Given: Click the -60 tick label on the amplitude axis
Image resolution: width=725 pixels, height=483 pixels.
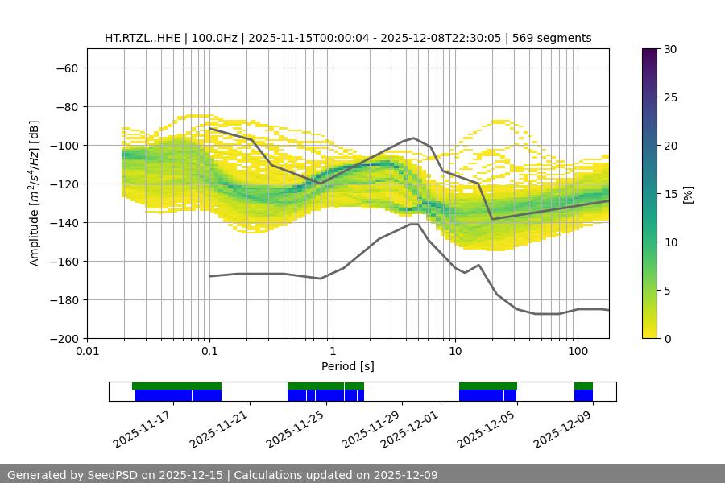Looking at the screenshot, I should click(67, 68).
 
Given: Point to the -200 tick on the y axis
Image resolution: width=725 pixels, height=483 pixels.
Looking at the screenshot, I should click(64, 338).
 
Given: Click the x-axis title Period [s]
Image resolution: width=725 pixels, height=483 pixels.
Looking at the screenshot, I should click(348, 366).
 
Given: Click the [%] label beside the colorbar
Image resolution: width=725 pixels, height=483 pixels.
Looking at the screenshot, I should click(688, 194).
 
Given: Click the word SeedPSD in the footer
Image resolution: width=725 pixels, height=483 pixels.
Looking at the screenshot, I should click(117, 475).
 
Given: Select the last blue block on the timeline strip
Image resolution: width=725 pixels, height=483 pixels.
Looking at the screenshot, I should click(583, 395).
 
